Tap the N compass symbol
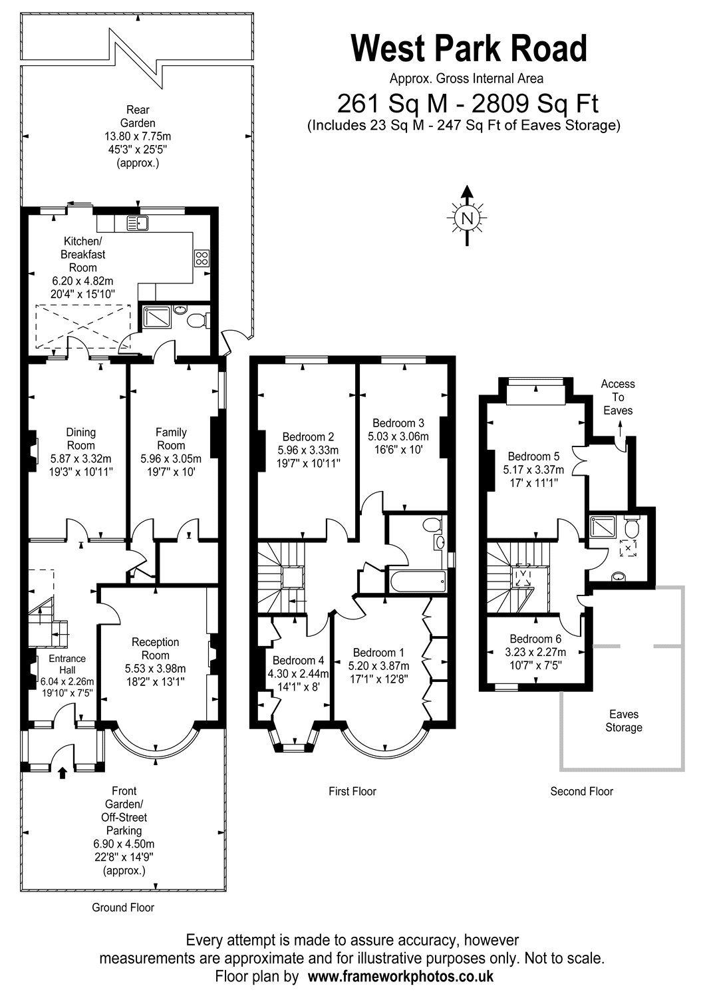[x=467, y=218]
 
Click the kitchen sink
[x=137, y=222]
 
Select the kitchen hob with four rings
[x=202, y=258]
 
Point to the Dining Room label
[x=80, y=438]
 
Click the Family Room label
[x=171, y=438]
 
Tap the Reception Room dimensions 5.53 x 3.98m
[x=155, y=668]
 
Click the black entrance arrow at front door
[x=63, y=772]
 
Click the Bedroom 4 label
[x=299, y=660]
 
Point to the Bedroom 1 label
[x=378, y=653]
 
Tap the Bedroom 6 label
[x=535, y=639]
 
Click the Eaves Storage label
[x=623, y=721]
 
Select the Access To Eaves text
[x=618, y=397]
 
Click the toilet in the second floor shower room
[x=632, y=526]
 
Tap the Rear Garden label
[x=138, y=116]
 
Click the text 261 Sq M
[x=392, y=104]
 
